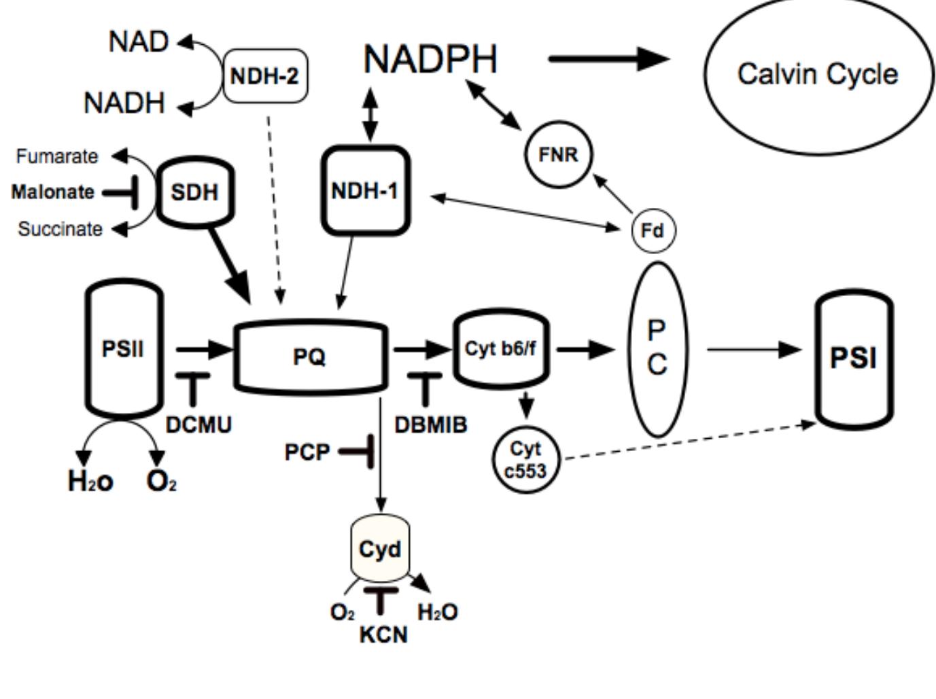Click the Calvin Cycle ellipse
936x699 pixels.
pyautogui.click(x=818, y=74)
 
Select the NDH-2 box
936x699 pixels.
pyautogui.click(x=265, y=75)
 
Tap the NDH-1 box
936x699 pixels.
pyautogui.click(x=365, y=191)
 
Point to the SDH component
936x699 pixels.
pyautogui.click(x=194, y=192)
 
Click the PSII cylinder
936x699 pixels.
pyautogui.click(x=124, y=349)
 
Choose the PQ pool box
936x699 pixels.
pyautogui.click(x=310, y=356)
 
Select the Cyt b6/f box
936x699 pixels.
pyautogui.click(x=501, y=349)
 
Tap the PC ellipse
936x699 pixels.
pyautogui.click(x=656, y=348)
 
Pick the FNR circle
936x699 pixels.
pyautogui.click(x=558, y=155)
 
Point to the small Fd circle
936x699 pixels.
pyautogui.click(x=653, y=231)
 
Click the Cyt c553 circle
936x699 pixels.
pyautogui.click(x=525, y=459)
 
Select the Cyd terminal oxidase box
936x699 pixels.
pyautogui.click(x=380, y=549)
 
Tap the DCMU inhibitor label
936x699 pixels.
pyautogui.click(x=198, y=425)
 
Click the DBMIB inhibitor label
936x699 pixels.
pyautogui.click(x=431, y=425)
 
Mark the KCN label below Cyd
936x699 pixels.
pyautogui.click(x=383, y=634)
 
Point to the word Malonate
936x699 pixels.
pyautogui.click(x=53, y=192)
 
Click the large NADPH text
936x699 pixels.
pyautogui.click(x=430, y=59)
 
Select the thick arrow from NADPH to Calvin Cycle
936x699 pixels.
pyautogui.click(x=608, y=59)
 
